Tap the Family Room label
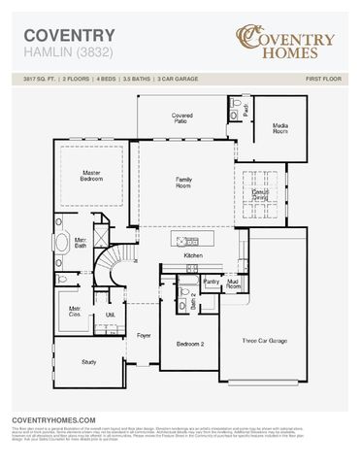click(x=183, y=182)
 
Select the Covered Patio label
click(x=182, y=117)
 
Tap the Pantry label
click(x=212, y=282)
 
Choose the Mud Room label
click(x=234, y=284)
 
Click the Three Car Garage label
click(x=264, y=341)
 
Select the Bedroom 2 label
click(x=189, y=345)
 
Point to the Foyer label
click(x=144, y=336)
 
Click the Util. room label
click(x=110, y=315)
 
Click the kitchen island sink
click(x=187, y=240)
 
